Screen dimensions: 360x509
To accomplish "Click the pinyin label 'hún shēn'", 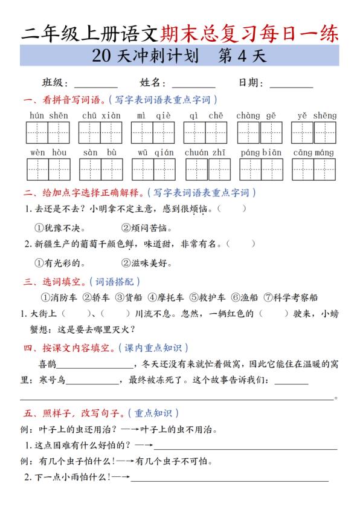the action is pyautogui.click(x=48, y=115).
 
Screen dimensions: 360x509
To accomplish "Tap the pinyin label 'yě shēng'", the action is pyautogui.click(x=317, y=115).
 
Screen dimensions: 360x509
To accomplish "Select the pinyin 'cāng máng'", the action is pyautogui.click(x=313, y=153).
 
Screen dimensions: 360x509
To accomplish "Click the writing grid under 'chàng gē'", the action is pyautogui.click(x=260, y=133).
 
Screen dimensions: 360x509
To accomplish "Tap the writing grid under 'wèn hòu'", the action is pyautogui.click(x=48, y=170).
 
